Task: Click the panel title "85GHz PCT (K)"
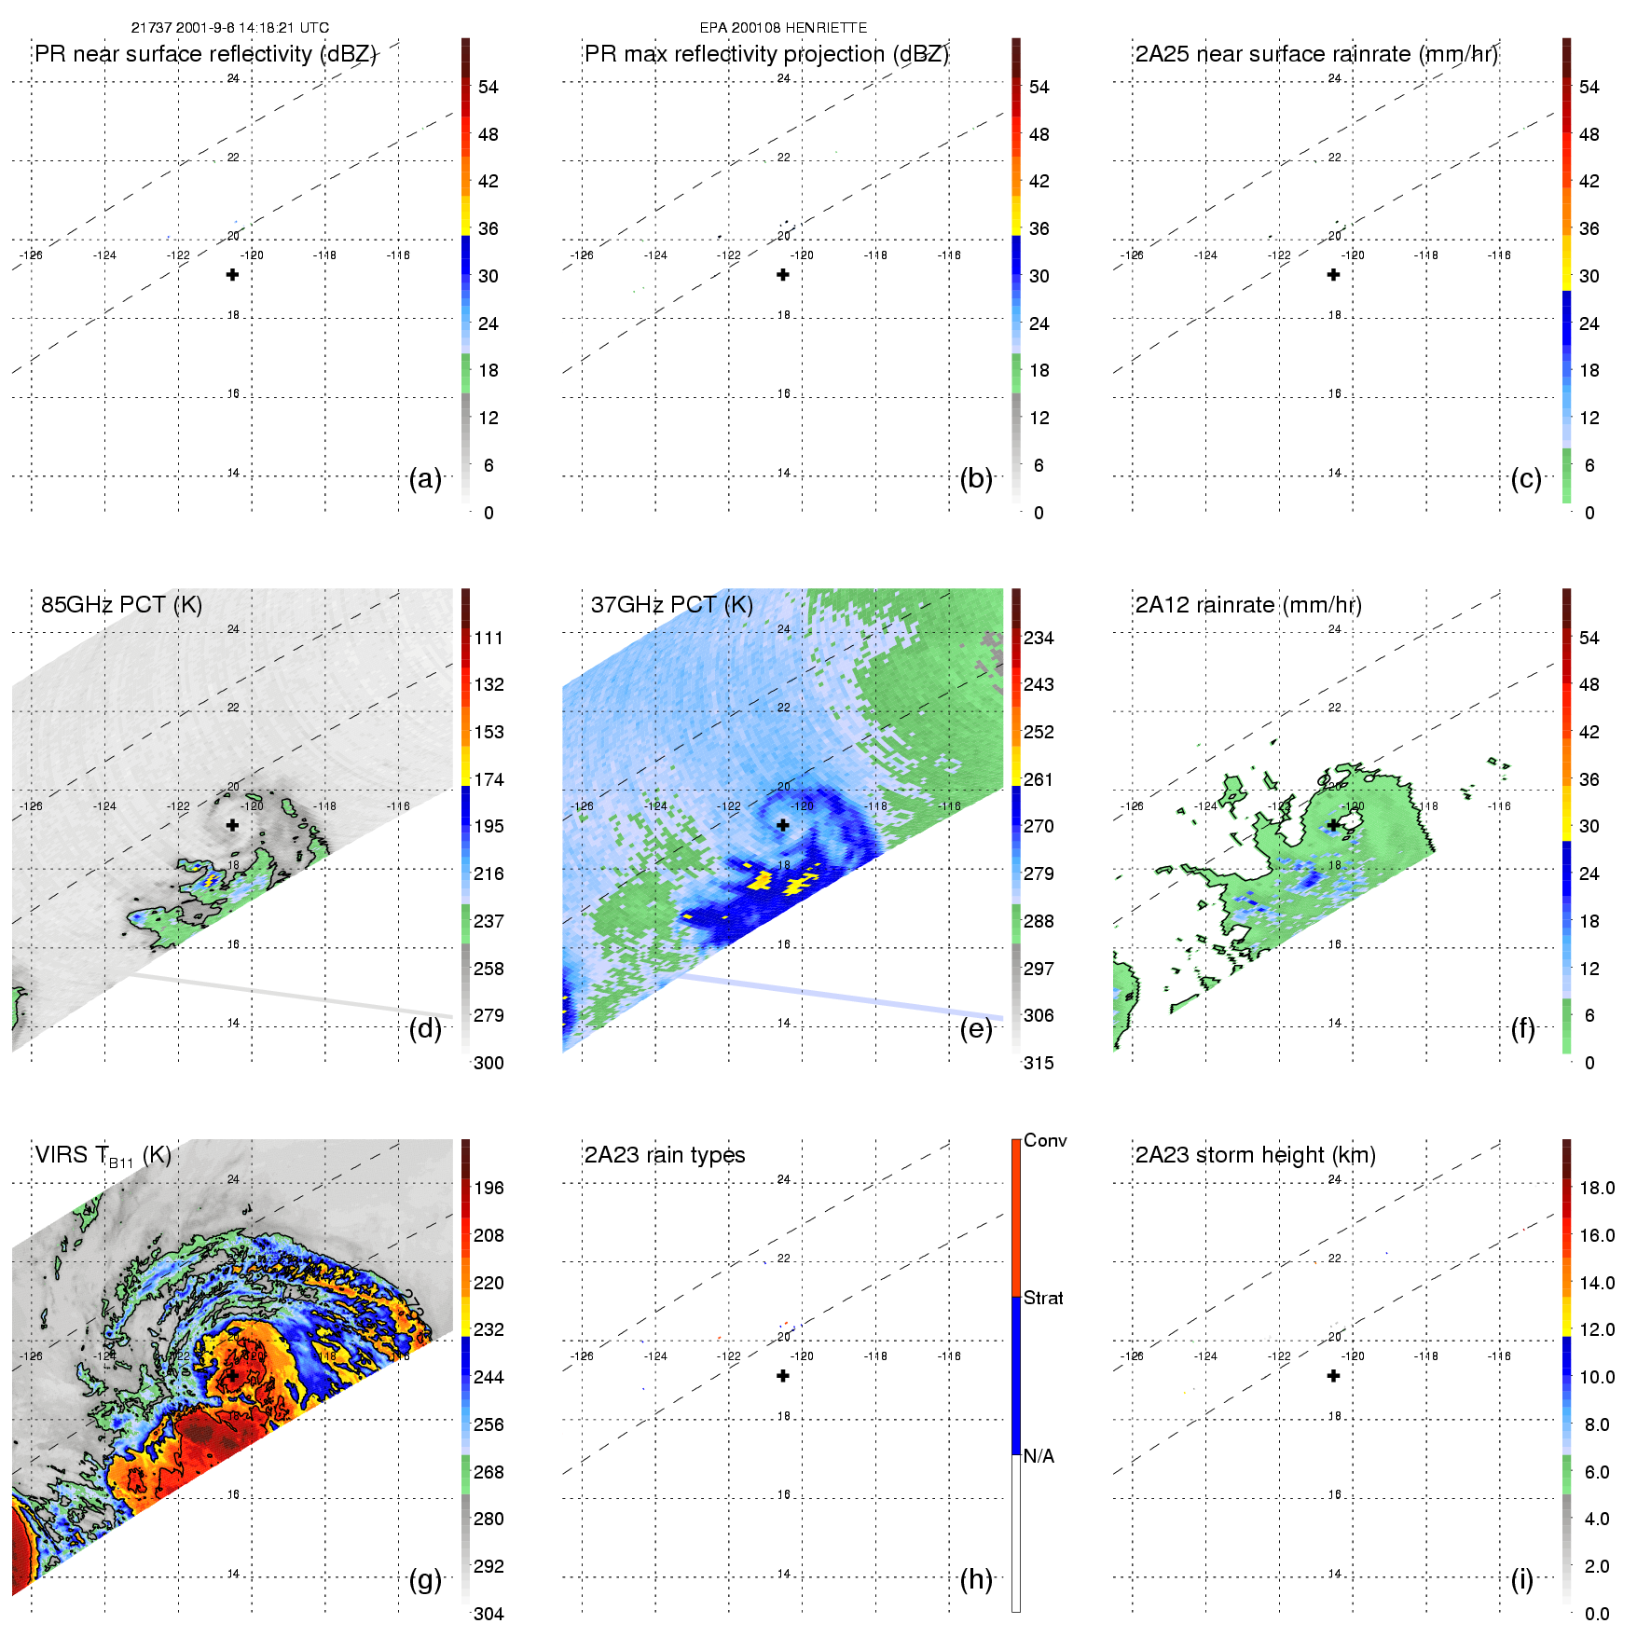tap(121, 604)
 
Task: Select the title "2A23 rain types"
tap(665, 1155)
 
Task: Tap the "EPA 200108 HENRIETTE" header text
tap(783, 28)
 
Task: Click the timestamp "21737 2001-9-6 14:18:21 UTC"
tap(229, 28)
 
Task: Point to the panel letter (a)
tap(425, 479)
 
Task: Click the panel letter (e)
tap(976, 1029)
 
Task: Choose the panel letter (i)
tap(1521, 1579)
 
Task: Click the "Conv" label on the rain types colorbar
tap(1045, 1140)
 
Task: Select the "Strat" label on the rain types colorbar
tap(1043, 1298)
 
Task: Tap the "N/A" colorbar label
tap(1039, 1456)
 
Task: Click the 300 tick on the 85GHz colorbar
tap(488, 1063)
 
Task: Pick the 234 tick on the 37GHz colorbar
tap(1039, 638)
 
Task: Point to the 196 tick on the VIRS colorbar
tap(488, 1188)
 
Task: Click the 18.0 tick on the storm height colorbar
tap(1597, 1188)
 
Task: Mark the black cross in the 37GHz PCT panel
tap(783, 825)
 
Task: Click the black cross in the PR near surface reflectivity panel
tap(232, 275)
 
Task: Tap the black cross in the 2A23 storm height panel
tap(1333, 1376)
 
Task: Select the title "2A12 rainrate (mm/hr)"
tap(1248, 604)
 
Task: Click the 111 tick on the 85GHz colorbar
tap(488, 638)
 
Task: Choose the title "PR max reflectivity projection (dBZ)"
tap(766, 54)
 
